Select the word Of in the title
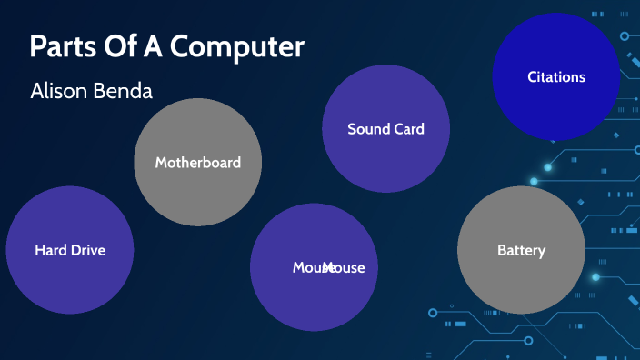click(x=123, y=47)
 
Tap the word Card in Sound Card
click(x=407, y=129)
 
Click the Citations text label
click(x=556, y=77)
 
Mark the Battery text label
click(x=521, y=250)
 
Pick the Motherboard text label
click(x=197, y=163)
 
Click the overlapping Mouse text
click(x=328, y=267)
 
